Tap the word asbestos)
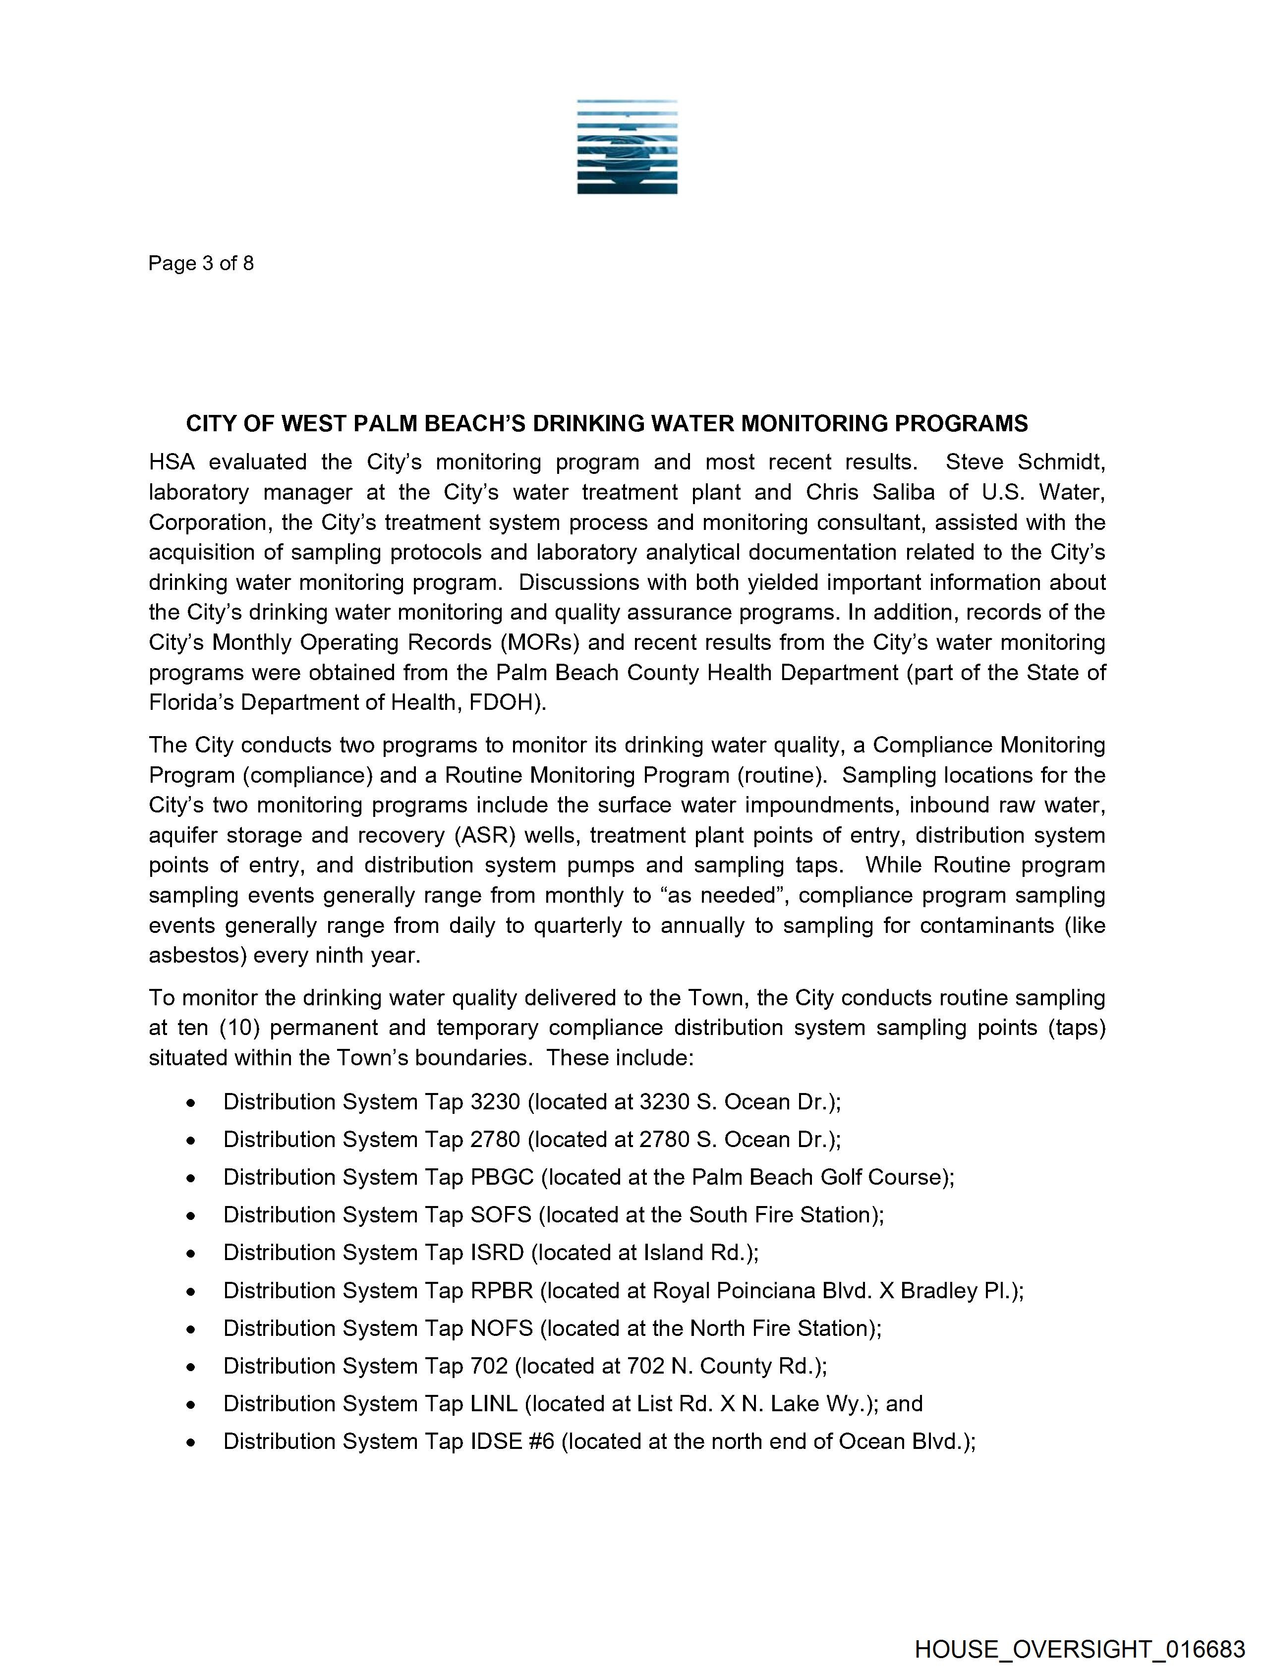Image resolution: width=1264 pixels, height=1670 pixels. click(198, 956)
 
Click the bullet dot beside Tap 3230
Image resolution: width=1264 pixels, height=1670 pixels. click(192, 1103)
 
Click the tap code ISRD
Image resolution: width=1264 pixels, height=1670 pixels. click(497, 1253)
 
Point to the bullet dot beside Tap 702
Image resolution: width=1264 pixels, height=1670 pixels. click(192, 1367)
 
